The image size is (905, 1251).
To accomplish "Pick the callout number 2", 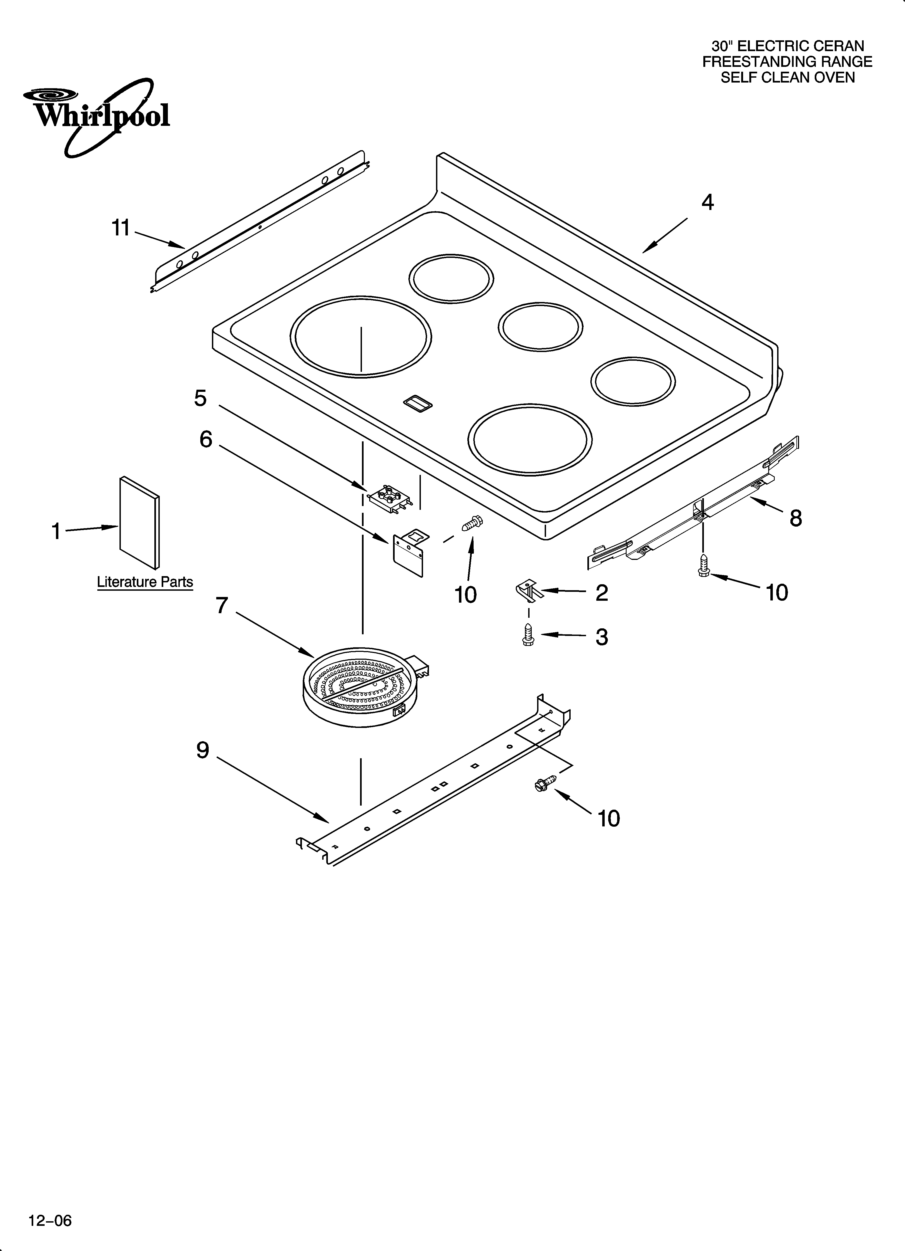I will (601, 592).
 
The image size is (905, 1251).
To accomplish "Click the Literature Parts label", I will (145, 582).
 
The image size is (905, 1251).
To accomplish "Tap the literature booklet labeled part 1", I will (139, 522).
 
